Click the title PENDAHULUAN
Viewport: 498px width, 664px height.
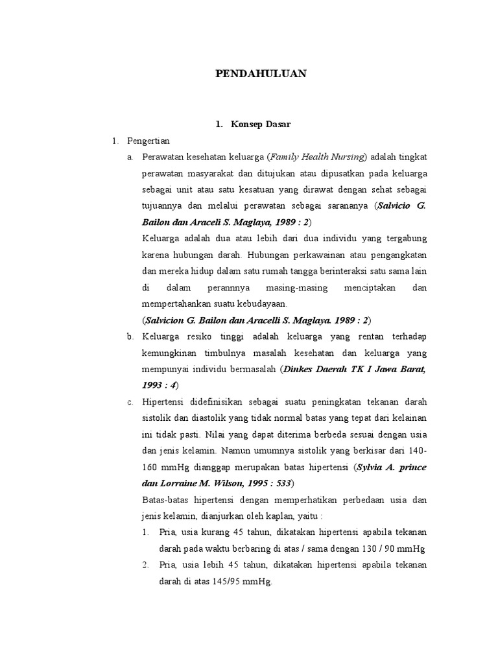261,74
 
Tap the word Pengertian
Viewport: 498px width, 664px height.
148,141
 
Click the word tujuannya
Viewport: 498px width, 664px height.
163,206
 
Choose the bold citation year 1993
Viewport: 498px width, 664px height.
154,385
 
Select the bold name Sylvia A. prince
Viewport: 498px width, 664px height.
392,467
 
